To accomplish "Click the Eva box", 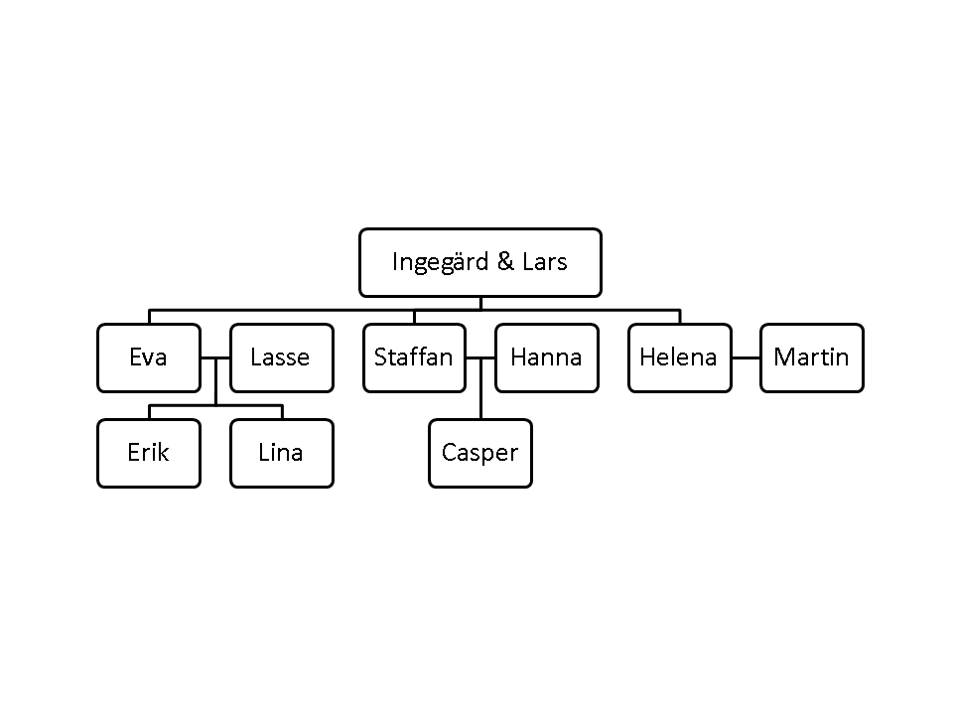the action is click(x=149, y=358).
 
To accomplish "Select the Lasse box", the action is click(x=282, y=358).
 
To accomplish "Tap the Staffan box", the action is click(x=415, y=358).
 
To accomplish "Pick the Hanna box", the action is click(x=547, y=358).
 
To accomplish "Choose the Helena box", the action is click(x=680, y=358).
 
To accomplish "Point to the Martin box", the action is click(x=812, y=358).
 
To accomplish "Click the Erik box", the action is click(x=149, y=454).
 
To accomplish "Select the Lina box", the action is click(x=282, y=454).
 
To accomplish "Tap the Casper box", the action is click(x=480, y=454).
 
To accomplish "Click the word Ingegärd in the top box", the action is click(x=441, y=262).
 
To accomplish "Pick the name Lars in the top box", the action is click(x=545, y=262).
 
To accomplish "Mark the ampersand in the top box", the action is click(x=505, y=262).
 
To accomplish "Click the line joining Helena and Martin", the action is click(x=747, y=358).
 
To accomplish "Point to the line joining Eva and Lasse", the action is click(x=215, y=358).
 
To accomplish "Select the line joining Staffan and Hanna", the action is click(x=480, y=358).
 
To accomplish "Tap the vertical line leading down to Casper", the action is click(x=480, y=389).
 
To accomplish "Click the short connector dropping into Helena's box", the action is click(x=680, y=317).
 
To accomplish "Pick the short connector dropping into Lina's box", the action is click(x=283, y=412).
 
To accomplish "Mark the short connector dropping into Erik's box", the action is click(x=150, y=412).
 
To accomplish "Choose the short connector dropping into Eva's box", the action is click(x=150, y=317).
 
